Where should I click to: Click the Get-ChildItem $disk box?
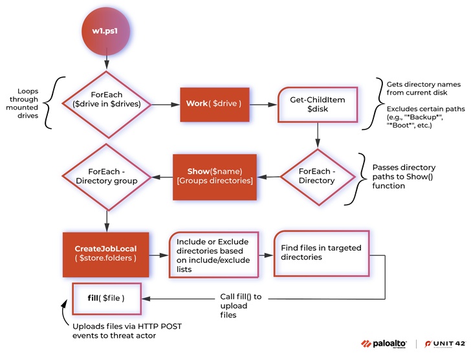click(x=317, y=103)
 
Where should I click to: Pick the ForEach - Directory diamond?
click(x=317, y=176)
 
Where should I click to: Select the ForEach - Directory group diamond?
click(x=107, y=176)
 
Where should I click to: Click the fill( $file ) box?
click(x=106, y=298)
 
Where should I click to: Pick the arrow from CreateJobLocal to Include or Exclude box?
click(x=159, y=254)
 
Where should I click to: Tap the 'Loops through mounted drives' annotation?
click(x=27, y=103)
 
